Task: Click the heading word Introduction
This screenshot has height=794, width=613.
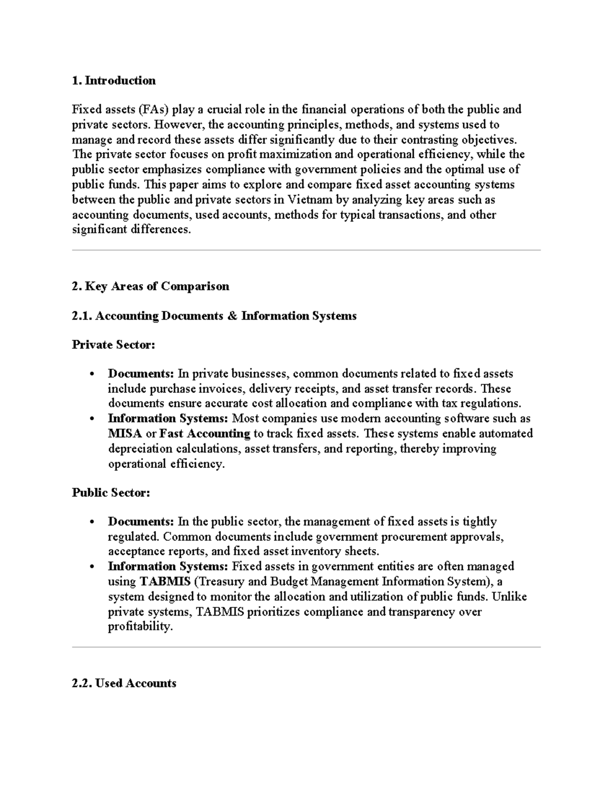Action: [x=120, y=81]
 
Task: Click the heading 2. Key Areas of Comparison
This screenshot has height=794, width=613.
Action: [x=151, y=286]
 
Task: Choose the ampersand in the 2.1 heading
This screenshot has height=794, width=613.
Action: [x=232, y=316]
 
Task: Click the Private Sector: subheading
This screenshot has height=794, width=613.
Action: [x=113, y=345]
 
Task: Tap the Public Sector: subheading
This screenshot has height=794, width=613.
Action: [x=111, y=493]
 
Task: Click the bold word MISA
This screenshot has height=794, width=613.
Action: [x=125, y=434]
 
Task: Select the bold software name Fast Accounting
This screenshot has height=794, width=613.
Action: [x=205, y=434]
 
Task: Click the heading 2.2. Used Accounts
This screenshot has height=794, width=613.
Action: [x=124, y=684]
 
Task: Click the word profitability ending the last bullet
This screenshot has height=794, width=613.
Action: [x=140, y=627]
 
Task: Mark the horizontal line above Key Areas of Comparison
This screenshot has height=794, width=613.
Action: [x=306, y=251]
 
